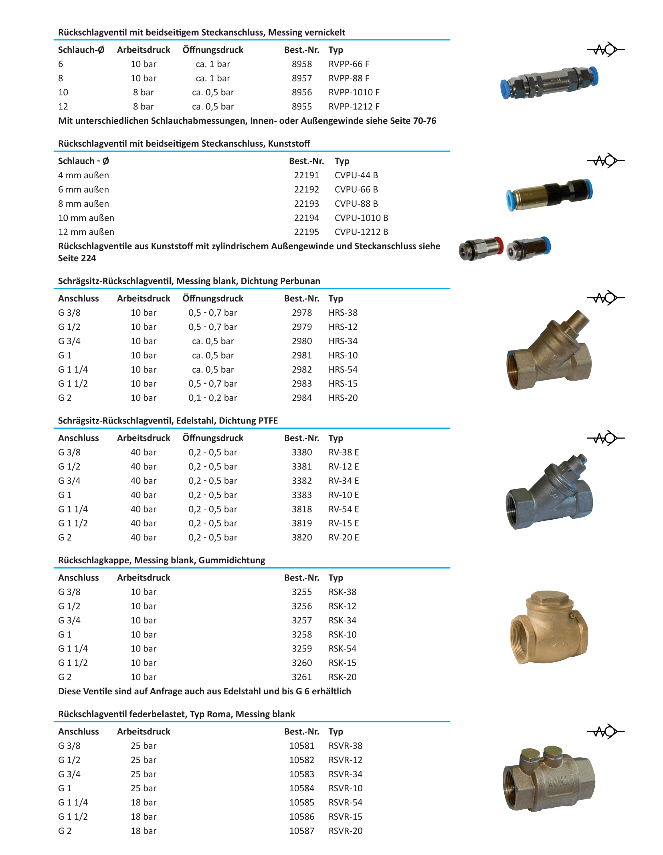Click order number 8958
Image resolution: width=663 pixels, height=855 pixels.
301,64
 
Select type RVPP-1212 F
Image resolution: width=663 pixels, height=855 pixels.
354,107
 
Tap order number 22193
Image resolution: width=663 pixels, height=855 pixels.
306,204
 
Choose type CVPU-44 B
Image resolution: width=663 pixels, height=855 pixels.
356,175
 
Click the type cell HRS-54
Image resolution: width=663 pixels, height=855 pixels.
343,369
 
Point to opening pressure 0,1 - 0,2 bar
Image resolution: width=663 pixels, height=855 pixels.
212,398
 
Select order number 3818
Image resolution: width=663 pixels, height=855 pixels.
301,509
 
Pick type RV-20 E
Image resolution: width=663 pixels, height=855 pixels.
344,537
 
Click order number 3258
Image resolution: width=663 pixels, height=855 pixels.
301,634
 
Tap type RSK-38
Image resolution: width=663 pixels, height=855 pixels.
342,592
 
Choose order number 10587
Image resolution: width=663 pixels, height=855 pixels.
301,831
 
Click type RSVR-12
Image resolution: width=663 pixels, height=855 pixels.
345,760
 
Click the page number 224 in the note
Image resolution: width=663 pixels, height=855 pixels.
88,258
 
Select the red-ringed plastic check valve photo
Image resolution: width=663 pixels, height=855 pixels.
481,248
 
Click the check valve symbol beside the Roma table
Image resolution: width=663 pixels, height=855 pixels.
605,732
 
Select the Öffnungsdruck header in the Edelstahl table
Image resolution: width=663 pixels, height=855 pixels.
212,438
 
